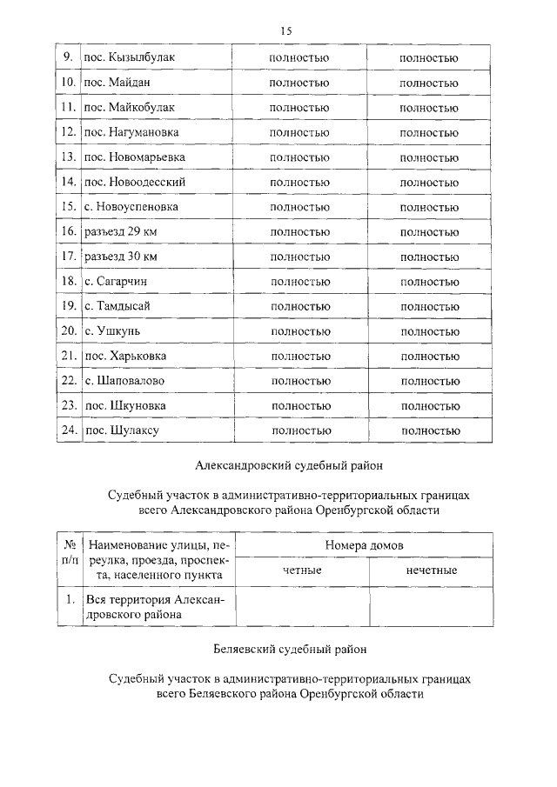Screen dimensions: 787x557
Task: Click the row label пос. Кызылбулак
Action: click(x=129, y=58)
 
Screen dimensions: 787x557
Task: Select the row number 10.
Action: click(x=69, y=83)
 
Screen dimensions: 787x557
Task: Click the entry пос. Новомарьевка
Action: click(x=134, y=157)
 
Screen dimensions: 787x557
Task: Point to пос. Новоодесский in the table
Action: click(x=134, y=183)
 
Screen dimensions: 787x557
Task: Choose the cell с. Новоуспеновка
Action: click(x=131, y=207)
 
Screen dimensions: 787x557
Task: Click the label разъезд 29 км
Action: click(x=121, y=232)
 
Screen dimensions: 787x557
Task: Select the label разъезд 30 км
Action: click(x=121, y=257)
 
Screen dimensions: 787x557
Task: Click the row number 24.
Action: click(x=69, y=430)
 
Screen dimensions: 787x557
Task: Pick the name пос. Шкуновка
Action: click(x=125, y=405)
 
